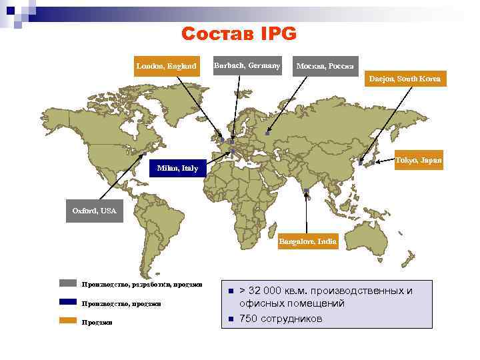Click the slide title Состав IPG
pos(239,34)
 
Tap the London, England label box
pos(166,66)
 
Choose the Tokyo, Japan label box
pos(418,161)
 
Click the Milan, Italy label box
pos(177,168)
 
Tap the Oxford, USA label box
pos(94,211)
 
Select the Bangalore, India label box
pos(308,240)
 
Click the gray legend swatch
pos(68,283)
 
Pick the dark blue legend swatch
pos(68,302)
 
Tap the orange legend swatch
pos(68,321)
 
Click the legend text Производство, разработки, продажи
pos(142,285)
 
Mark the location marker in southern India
pos(306,191)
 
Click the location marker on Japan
pos(361,162)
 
